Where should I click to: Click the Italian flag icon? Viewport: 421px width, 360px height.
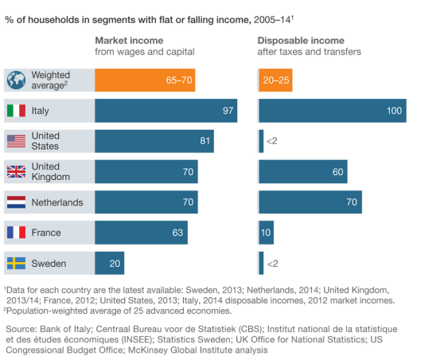click(16, 111)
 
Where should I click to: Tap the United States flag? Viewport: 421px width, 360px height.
click(16, 141)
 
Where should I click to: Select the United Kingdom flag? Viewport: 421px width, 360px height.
click(16, 172)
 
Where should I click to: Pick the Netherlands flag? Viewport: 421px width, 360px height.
click(16, 202)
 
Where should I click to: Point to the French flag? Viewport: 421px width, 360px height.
click(16, 233)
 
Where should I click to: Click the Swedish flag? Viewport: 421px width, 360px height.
click(16, 264)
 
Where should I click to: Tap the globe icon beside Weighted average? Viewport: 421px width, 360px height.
click(16, 80)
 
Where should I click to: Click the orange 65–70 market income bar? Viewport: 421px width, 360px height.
click(145, 80)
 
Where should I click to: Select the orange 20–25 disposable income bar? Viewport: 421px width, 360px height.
click(275, 80)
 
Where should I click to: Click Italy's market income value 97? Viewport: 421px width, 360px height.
click(228, 111)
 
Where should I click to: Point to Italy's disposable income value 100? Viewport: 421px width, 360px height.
click(394, 111)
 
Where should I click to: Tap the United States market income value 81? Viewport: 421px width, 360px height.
click(205, 141)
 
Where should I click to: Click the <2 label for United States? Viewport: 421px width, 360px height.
click(271, 141)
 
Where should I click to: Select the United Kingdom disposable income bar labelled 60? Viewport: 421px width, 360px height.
click(303, 172)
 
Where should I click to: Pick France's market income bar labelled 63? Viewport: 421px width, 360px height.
click(141, 233)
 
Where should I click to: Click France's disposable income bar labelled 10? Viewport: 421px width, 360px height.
click(267, 233)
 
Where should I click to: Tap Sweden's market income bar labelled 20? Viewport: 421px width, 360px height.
click(110, 264)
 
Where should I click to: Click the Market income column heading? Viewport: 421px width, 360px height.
click(129, 41)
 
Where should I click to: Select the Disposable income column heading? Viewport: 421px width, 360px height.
click(301, 41)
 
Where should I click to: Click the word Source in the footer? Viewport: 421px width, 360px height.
click(21, 329)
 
